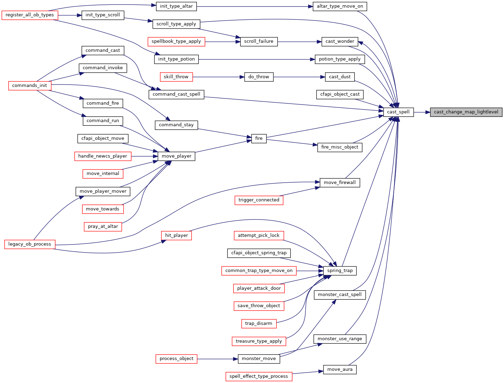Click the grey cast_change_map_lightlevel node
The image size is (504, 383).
pos(466,112)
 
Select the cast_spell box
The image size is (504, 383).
pos(398,112)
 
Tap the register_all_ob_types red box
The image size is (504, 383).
pos(30,15)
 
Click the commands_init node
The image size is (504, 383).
pos(30,86)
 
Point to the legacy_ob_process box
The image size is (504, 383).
pos(30,244)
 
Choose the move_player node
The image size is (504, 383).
pos(176,156)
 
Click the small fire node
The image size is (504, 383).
pos(259,138)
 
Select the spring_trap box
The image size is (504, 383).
pos(339,271)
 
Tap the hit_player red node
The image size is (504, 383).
pos(176,236)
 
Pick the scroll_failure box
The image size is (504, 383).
pos(259,41)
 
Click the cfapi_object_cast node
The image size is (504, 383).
pos(339,94)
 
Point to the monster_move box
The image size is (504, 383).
pos(259,359)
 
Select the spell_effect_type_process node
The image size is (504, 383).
pos(259,377)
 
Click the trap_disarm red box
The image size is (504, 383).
pos(259,324)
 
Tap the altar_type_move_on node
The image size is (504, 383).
pos(339,6)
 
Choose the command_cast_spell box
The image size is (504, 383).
pos(176,94)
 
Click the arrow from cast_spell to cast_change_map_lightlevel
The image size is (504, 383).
pos(422,112)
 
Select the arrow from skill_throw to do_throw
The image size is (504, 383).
pos(218,77)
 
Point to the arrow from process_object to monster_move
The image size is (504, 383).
pos(217,359)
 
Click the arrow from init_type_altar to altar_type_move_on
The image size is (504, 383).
pos(255,6)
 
